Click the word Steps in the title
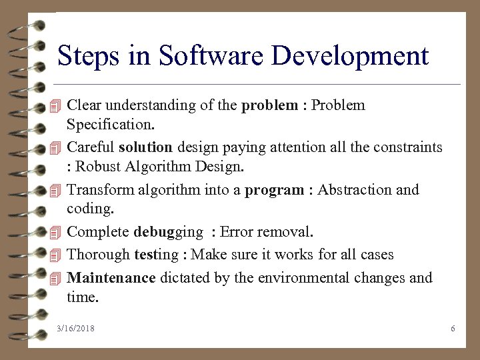[x=89, y=56]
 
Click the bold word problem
[x=270, y=105]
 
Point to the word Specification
[x=111, y=125]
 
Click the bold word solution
[x=145, y=146]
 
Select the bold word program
[x=275, y=190]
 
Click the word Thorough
[x=99, y=255]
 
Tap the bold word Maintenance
[x=111, y=277]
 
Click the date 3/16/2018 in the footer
[x=76, y=329]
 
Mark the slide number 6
[x=453, y=329]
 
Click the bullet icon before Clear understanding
[x=56, y=106]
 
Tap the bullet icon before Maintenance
[x=56, y=278]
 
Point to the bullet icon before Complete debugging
[x=56, y=233]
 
